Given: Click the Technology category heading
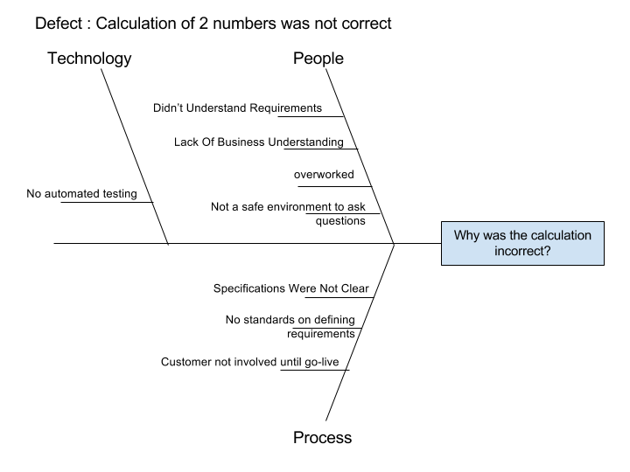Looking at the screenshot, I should [x=89, y=59].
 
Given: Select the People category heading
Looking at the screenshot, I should [x=318, y=59].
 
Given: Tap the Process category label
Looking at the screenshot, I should [x=322, y=438].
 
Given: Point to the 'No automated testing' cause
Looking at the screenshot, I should [x=82, y=194].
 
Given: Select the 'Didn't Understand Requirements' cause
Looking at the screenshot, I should [x=237, y=108].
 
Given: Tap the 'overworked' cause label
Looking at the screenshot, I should [x=324, y=174].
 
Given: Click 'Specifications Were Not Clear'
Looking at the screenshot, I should [x=291, y=288].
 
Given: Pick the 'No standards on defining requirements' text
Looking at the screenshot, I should [x=290, y=326].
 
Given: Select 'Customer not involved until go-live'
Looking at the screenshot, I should [x=255, y=362].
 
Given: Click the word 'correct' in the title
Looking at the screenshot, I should [x=366, y=23].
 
